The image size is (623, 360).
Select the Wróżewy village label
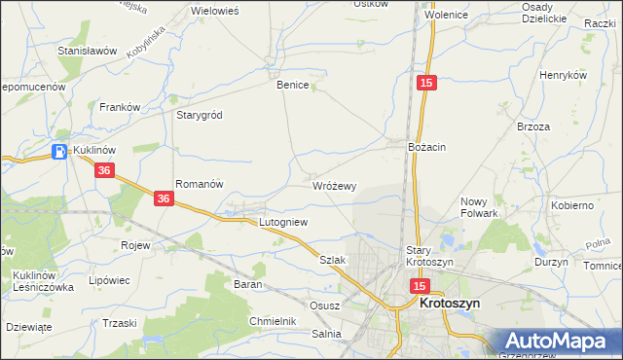pyautogui.click(x=334, y=186)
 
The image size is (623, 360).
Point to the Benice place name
pyautogui.click(x=292, y=85)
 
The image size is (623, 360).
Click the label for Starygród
pyautogui.click(x=199, y=115)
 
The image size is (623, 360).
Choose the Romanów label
pyautogui.click(x=200, y=183)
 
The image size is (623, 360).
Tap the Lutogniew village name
pyautogui.click(x=282, y=222)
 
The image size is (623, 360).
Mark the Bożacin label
pyautogui.click(x=426, y=146)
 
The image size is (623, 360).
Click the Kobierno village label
pyautogui.click(x=571, y=205)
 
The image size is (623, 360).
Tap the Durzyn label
pyautogui.click(x=551, y=262)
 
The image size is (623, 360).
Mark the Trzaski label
pyautogui.click(x=120, y=323)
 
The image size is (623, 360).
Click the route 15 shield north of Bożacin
pyautogui.click(x=425, y=85)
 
